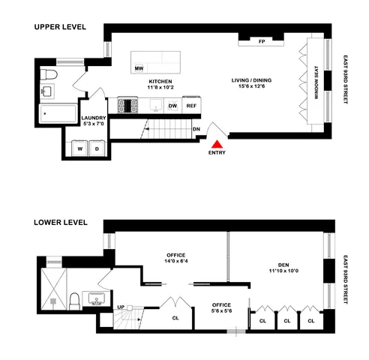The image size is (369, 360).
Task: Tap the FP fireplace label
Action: [x=262, y=41]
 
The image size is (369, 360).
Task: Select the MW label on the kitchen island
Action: [x=139, y=69]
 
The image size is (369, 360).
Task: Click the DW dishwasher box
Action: [x=172, y=106]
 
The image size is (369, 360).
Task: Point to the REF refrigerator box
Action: [x=192, y=106]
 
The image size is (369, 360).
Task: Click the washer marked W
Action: [x=80, y=148]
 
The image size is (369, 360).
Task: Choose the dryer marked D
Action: [x=97, y=148]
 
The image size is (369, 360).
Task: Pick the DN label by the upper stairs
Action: [x=196, y=129]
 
